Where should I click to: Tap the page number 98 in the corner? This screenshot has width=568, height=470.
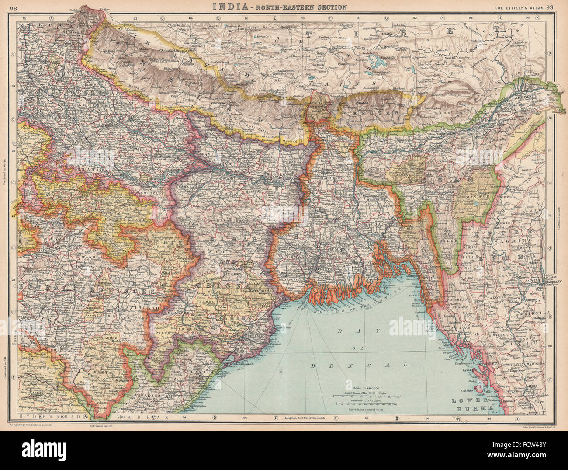(x=14, y=7)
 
